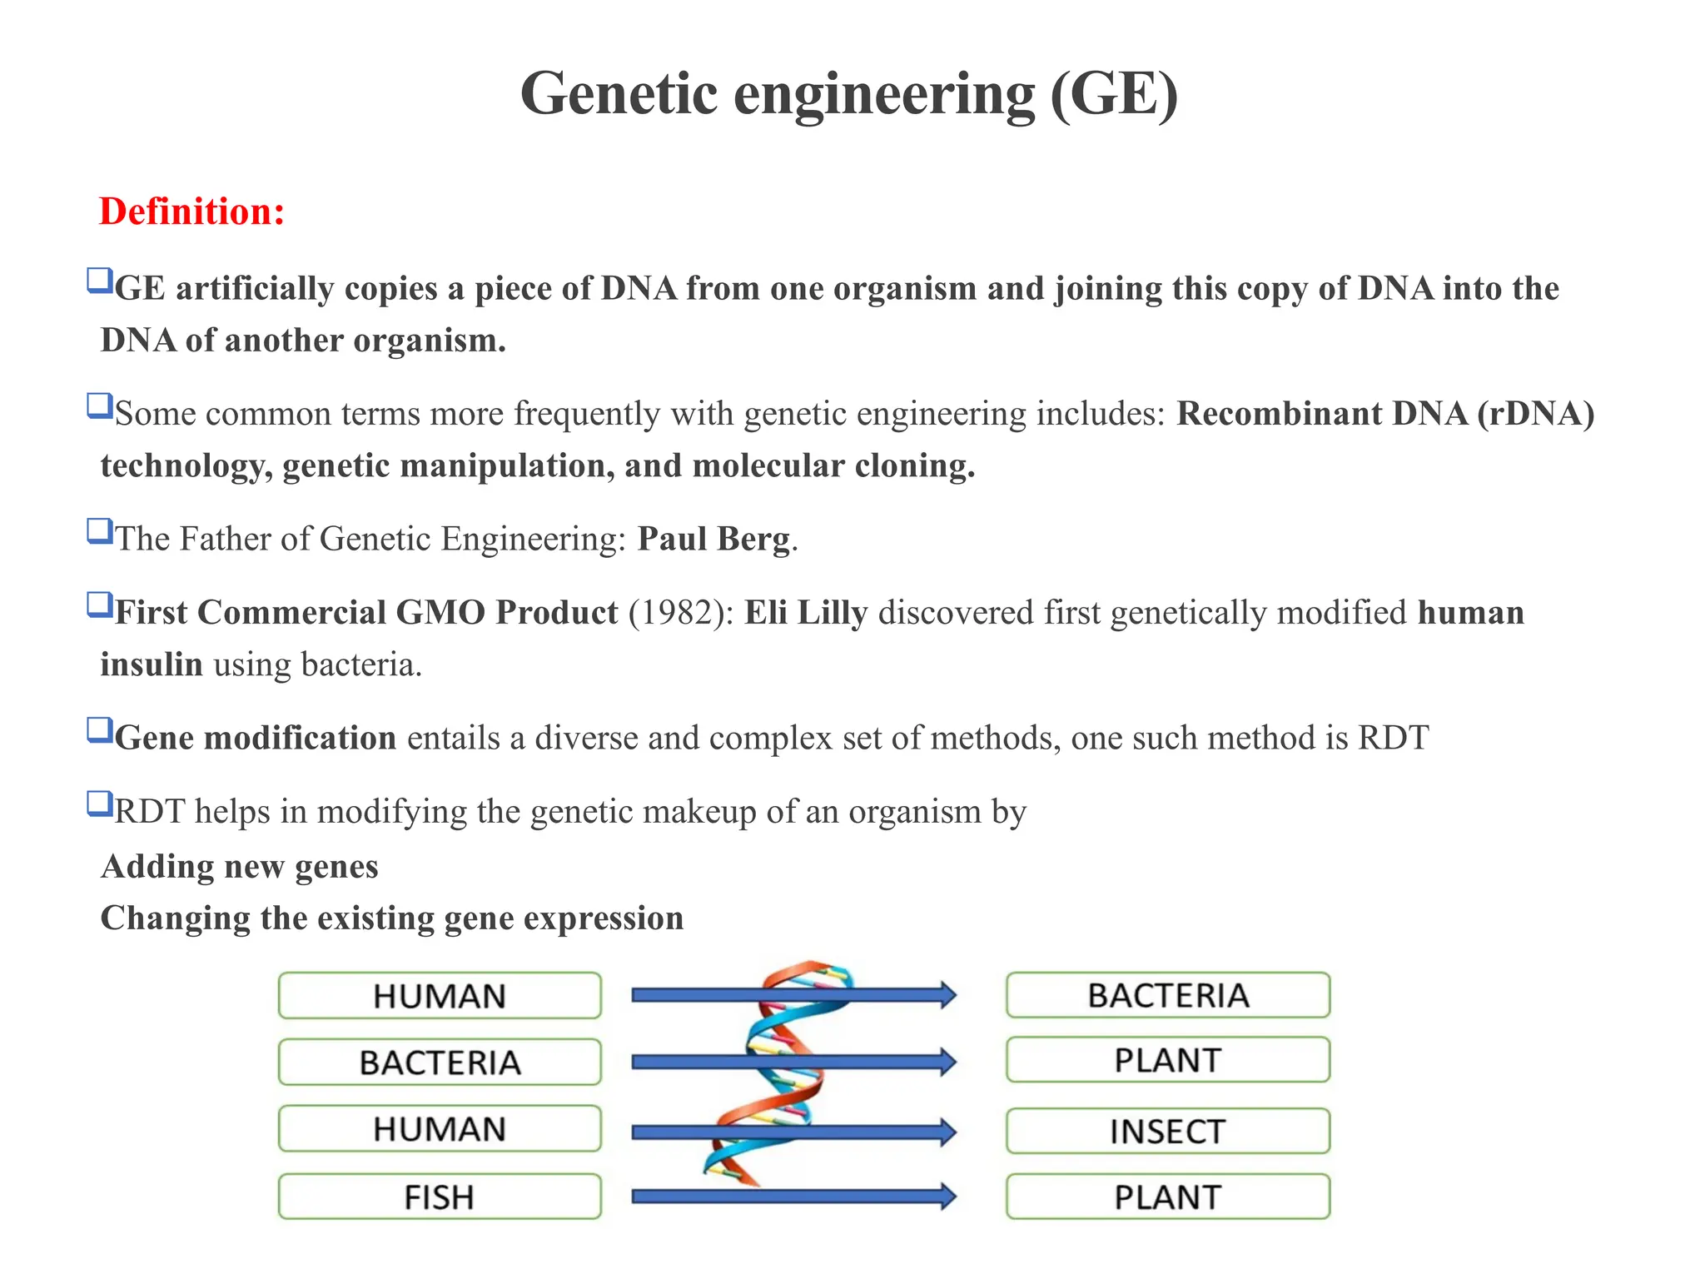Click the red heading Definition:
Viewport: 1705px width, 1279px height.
click(x=191, y=212)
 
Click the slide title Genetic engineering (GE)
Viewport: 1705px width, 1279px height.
click(x=849, y=93)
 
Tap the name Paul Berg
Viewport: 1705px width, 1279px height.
click(x=713, y=539)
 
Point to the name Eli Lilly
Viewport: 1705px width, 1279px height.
click(x=806, y=613)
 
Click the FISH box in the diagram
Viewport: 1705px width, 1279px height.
click(x=440, y=1197)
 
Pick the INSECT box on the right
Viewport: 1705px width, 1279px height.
click(x=1167, y=1131)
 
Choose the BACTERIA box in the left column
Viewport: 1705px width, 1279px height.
click(x=440, y=1062)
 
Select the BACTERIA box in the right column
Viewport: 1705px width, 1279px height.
click(x=1167, y=995)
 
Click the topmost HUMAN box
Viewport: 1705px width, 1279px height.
click(x=440, y=995)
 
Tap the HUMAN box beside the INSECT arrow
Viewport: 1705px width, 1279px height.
click(x=440, y=1128)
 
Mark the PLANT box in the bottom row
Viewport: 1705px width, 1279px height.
click(x=1167, y=1197)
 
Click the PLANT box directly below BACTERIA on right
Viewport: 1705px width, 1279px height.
click(x=1167, y=1060)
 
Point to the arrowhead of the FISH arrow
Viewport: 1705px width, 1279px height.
click(x=947, y=1197)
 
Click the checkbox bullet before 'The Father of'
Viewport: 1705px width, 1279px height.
click(x=100, y=531)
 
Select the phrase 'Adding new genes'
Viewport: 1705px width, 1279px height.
click(x=240, y=867)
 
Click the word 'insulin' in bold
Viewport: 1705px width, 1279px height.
click(x=152, y=664)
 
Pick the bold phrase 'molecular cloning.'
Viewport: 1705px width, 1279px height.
click(x=833, y=465)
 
